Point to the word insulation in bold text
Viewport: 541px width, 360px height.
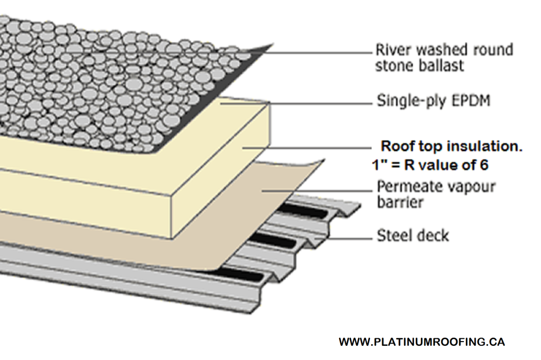(487, 147)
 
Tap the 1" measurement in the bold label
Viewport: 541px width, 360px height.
(378, 165)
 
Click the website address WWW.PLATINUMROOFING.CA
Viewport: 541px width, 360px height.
(422, 342)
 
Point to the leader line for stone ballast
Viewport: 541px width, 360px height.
(317, 53)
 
